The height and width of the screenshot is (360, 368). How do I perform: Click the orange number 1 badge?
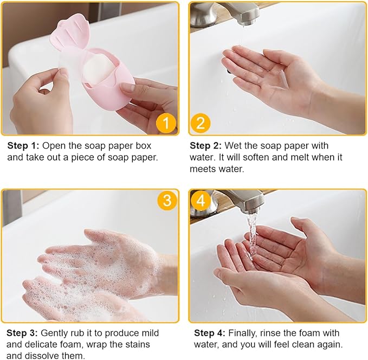(x=166, y=123)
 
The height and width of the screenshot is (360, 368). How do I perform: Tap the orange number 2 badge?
(x=200, y=123)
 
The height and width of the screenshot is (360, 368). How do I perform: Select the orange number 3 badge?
(x=167, y=200)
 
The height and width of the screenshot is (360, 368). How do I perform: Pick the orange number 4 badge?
(x=200, y=200)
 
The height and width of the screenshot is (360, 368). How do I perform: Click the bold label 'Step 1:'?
(x=23, y=146)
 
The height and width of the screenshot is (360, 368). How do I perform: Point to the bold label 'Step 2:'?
(x=205, y=146)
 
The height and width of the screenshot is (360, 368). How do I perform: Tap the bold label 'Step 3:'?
(x=22, y=333)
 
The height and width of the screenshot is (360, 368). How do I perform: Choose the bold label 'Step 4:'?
(x=210, y=333)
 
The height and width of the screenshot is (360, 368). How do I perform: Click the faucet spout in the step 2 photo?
(x=246, y=14)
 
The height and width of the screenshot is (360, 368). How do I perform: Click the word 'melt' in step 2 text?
(x=300, y=157)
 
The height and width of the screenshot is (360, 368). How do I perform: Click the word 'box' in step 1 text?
(x=144, y=146)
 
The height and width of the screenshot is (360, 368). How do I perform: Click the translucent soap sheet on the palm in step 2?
(x=282, y=79)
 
